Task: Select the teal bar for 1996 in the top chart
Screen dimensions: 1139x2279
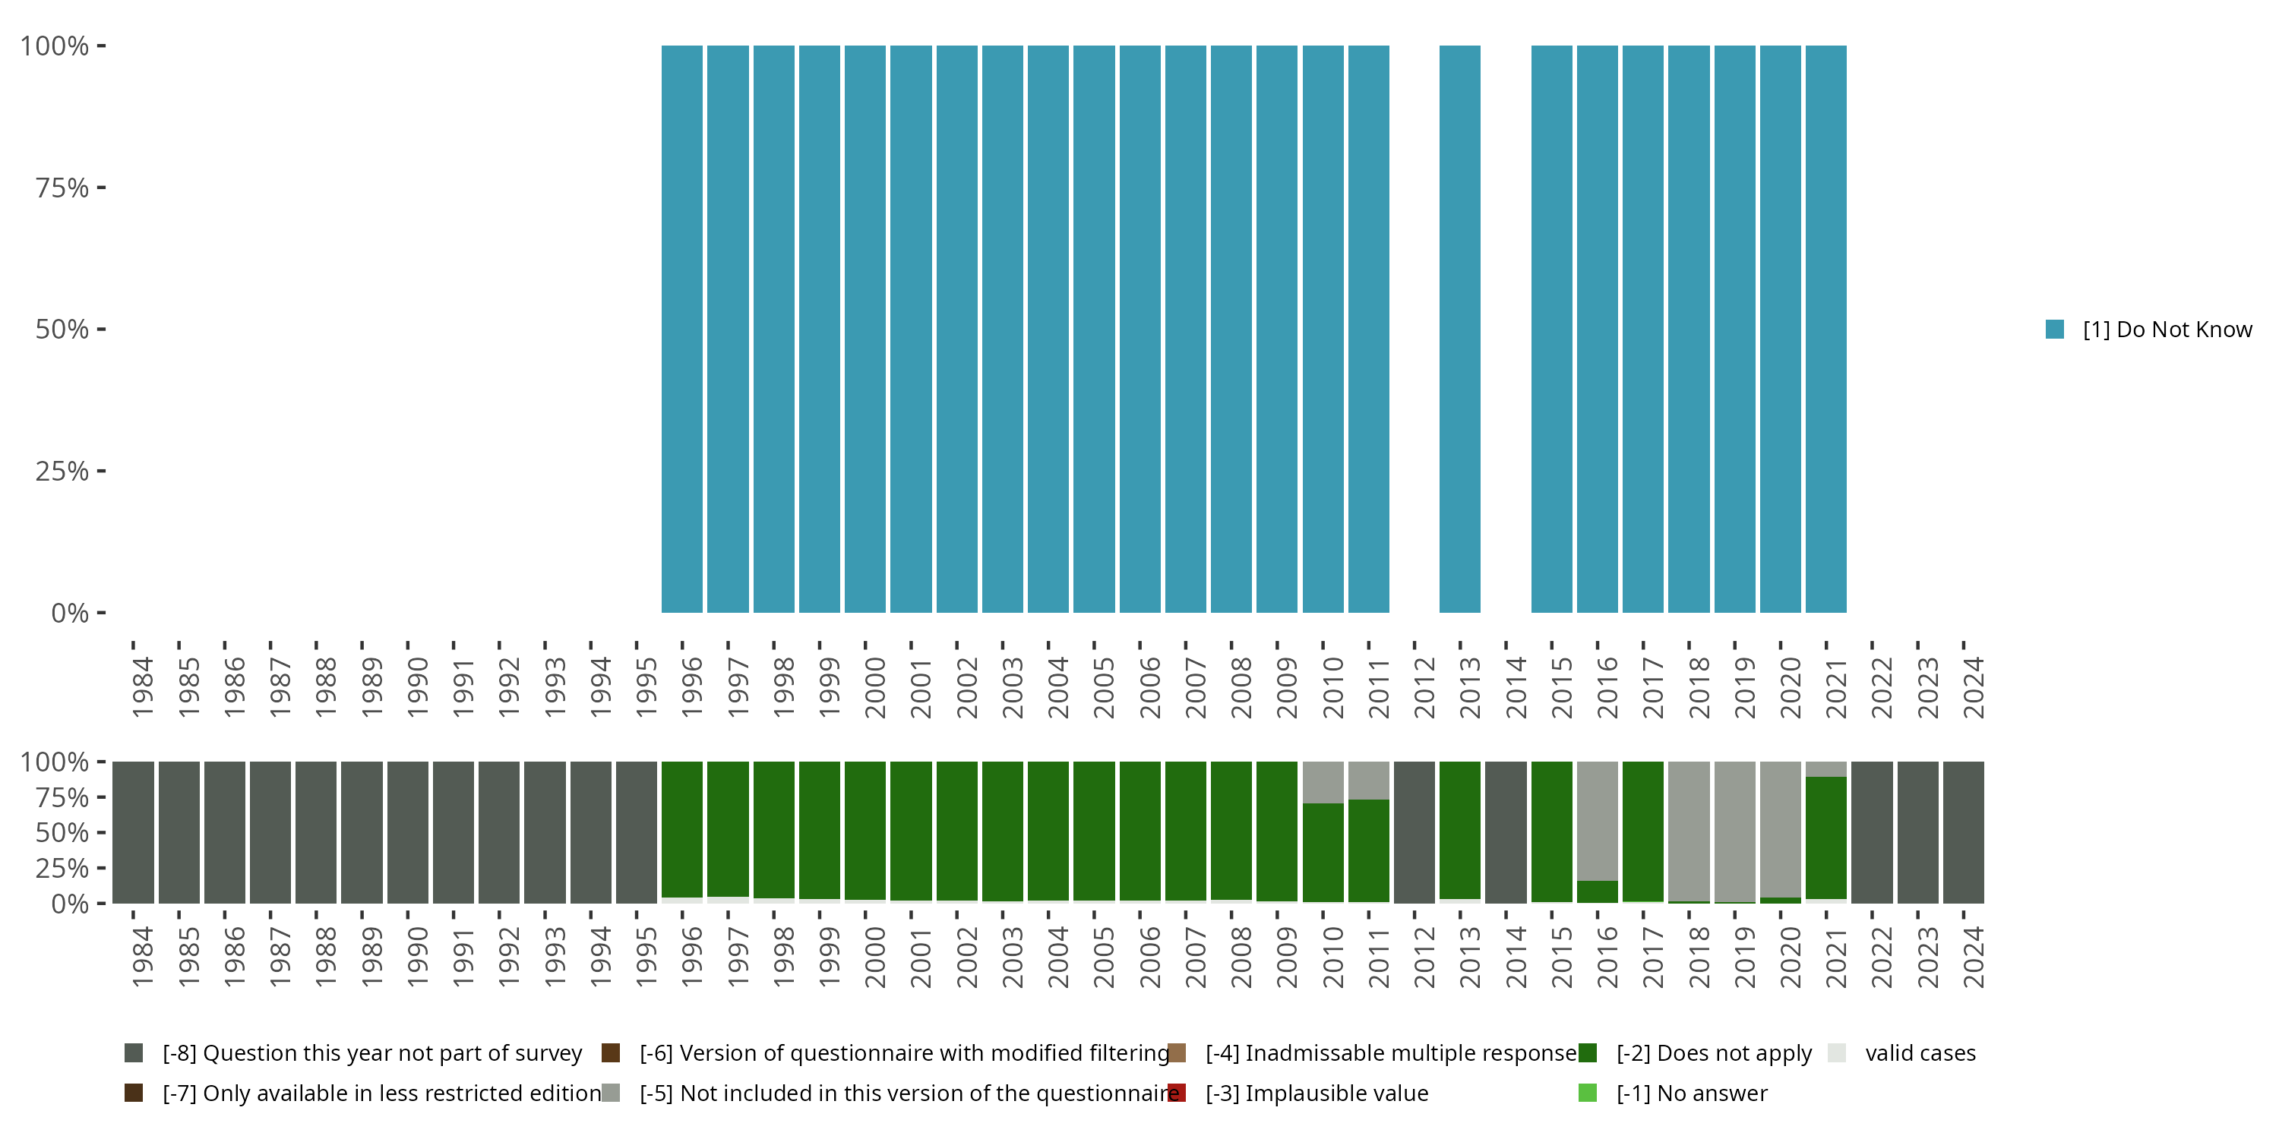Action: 682,329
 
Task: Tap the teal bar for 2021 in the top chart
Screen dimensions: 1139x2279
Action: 1825,329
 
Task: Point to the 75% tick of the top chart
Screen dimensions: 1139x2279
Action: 101,188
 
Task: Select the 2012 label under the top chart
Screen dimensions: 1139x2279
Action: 1424,687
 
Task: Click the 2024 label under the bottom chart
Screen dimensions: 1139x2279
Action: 1974,957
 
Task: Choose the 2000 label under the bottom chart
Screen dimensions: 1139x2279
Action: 875,957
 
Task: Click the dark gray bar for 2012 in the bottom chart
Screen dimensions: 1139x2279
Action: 1414,832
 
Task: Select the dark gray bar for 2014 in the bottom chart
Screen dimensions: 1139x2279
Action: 1505,832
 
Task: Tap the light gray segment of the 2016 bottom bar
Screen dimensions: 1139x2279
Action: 1597,820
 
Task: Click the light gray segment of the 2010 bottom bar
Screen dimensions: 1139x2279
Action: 1323,782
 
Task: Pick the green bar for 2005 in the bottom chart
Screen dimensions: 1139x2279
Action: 1093,831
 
